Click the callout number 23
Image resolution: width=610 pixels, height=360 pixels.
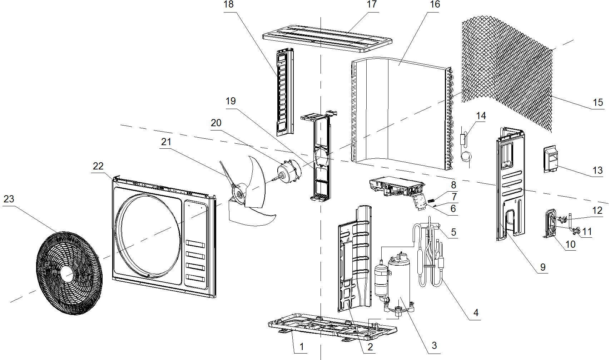pyautogui.click(x=9, y=199)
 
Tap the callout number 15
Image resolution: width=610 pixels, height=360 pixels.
pyautogui.click(x=597, y=103)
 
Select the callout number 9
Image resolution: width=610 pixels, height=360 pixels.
pyautogui.click(x=542, y=267)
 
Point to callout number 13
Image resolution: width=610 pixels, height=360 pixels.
pyautogui.click(x=597, y=171)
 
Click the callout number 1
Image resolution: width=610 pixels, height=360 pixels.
pyautogui.click(x=301, y=346)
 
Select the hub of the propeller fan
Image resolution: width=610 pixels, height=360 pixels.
pyautogui.click(x=237, y=193)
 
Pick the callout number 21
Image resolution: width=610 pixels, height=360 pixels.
pyautogui.click(x=166, y=142)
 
